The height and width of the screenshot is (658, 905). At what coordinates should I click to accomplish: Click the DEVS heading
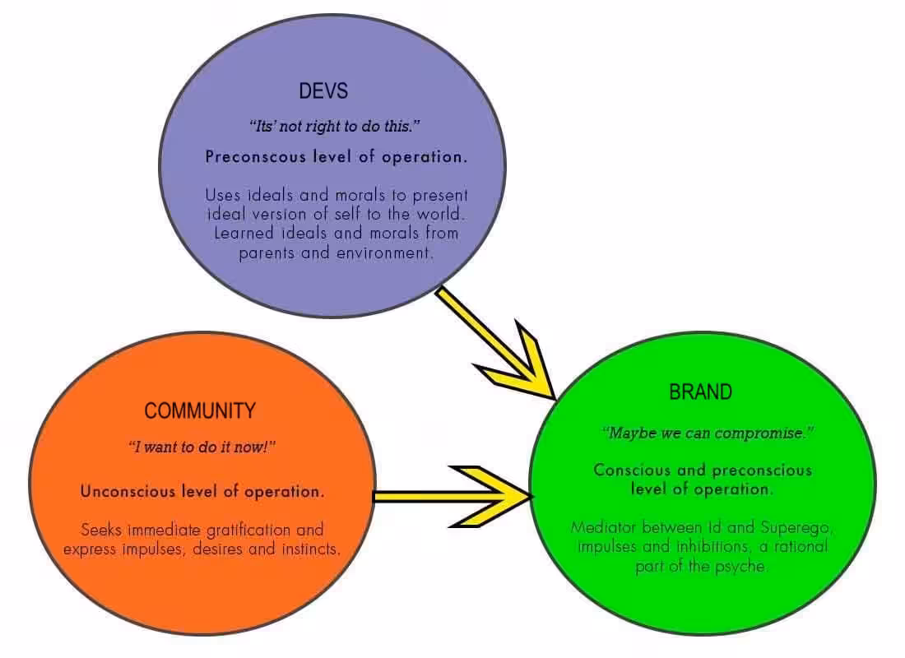pyautogui.click(x=323, y=91)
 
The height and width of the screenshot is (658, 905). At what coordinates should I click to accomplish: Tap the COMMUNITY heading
pyautogui.click(x=200, y=411)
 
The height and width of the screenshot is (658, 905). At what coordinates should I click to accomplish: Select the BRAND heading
pyautogui.click(x=701, y=392)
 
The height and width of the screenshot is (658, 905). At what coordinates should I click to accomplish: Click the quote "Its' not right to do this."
pyautogui.click(x=335, y=126)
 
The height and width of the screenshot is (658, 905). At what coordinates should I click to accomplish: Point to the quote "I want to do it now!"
pyautogui.click(x=202, y=447)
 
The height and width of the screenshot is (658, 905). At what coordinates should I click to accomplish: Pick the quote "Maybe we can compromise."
pyautogui.click(x=708, y=433)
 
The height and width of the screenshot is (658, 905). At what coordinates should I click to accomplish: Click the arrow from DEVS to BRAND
pyautogui.click(x=495, y=343)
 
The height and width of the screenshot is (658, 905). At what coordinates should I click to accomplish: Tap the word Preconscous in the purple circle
pyautogui.click(x=256, y=157)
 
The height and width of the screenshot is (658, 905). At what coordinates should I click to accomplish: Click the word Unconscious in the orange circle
pyautogui.click(x=128, y=491)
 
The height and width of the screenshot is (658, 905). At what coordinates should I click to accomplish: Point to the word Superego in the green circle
pyautogui.click(x=796, y=528)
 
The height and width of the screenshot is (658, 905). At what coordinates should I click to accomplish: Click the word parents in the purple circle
pyautogui.click(x=267, y=253)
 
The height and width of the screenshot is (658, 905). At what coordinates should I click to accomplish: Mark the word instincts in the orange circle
pyautogui.click(x=311, y=549)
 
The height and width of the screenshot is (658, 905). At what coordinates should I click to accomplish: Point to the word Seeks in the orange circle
pyautogui.click(x=101, y=530)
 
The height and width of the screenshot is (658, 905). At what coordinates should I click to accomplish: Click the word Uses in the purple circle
pyautogui.click(x=223, y=195)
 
